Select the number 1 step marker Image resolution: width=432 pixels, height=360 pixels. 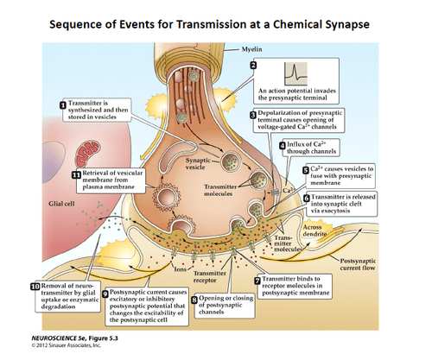(63, 105)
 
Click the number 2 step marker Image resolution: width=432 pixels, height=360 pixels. (253, 66)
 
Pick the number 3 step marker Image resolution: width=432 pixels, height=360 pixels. (253, 114)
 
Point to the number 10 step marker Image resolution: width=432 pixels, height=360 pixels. (35, 286)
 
